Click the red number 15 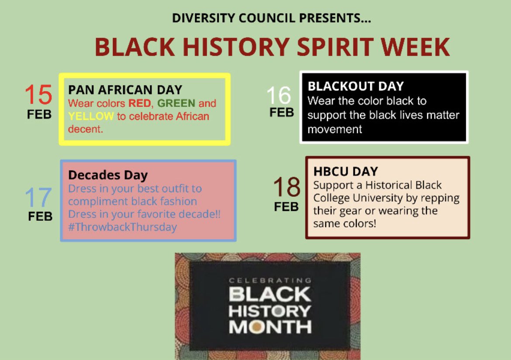pyautogui.click(x=38, y=95)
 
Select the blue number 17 pyautogui.click(x=38, y=198)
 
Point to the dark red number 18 pyautogui.click(x=287, y=188)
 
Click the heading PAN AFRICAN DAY pyautogui.click(x=125, y=90)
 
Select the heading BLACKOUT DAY pyautogui.click(x=356, y=86)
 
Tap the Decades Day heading pyautogui.click(x=108, y=175)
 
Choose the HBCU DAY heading pyautogui.click(x=345, y=171)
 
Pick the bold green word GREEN pyautogui.click(x=176, y=104)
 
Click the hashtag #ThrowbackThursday pyautogui.click(x=122, y=227)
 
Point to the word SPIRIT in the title pyautogui.click(x=338, y=47)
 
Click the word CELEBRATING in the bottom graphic pyautogui.click(x=269, y=281)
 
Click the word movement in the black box pyautogui.click(x=335, y=130)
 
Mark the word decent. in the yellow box pyautogui.click(x=86, y=129)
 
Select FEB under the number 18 pyautogui.click(x=287, y=206)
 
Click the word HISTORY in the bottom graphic pyautogui.click(x=269, y=311)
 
